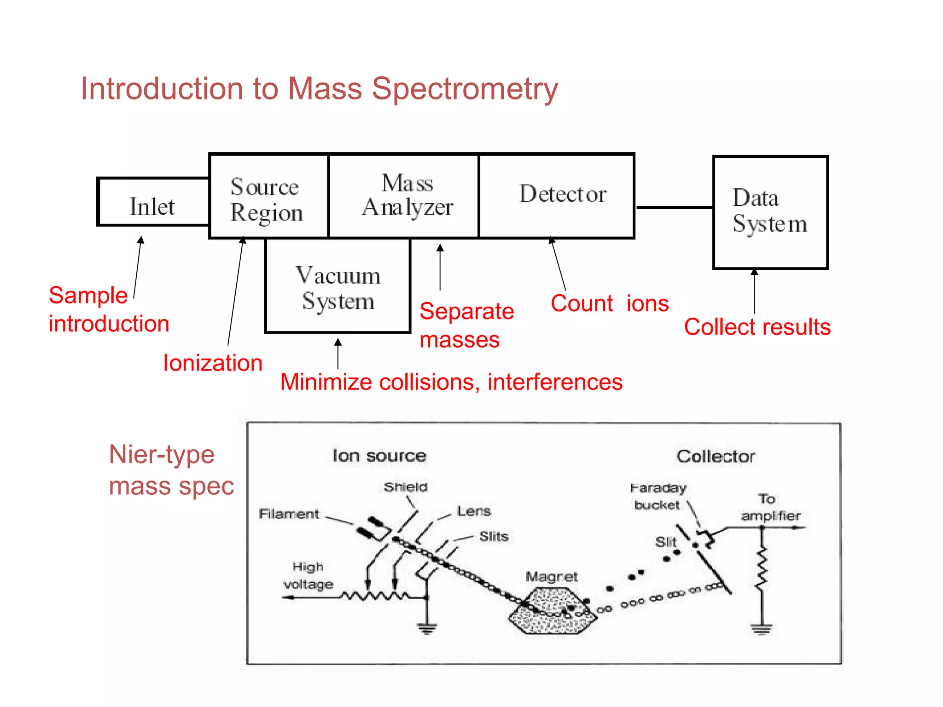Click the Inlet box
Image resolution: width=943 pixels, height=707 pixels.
pos(153,203)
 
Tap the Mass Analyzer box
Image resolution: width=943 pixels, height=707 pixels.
pos(404,197)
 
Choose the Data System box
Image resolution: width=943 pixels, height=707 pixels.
pos(770,212)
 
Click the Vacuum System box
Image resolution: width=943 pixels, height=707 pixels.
pos(338,286)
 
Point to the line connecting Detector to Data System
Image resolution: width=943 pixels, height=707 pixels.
pos(674,208)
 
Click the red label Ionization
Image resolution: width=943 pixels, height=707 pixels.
pos(213,363)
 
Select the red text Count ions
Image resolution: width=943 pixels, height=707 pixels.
pos(609,303)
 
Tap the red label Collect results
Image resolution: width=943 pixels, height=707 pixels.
pos(757,327)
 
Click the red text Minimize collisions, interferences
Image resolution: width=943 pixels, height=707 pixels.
pos(451,382)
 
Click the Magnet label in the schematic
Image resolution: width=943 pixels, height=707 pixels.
pos(551,577)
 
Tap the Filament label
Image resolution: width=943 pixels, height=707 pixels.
pos(289,514)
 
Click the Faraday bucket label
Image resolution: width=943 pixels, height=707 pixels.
pos(658,496)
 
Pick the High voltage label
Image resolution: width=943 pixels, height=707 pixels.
pos(308,575)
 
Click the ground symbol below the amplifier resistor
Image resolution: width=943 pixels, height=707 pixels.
pos(762,628)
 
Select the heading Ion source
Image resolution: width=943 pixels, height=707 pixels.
pos(379,456)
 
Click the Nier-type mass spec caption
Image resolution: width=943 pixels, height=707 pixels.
pos(171,470)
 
